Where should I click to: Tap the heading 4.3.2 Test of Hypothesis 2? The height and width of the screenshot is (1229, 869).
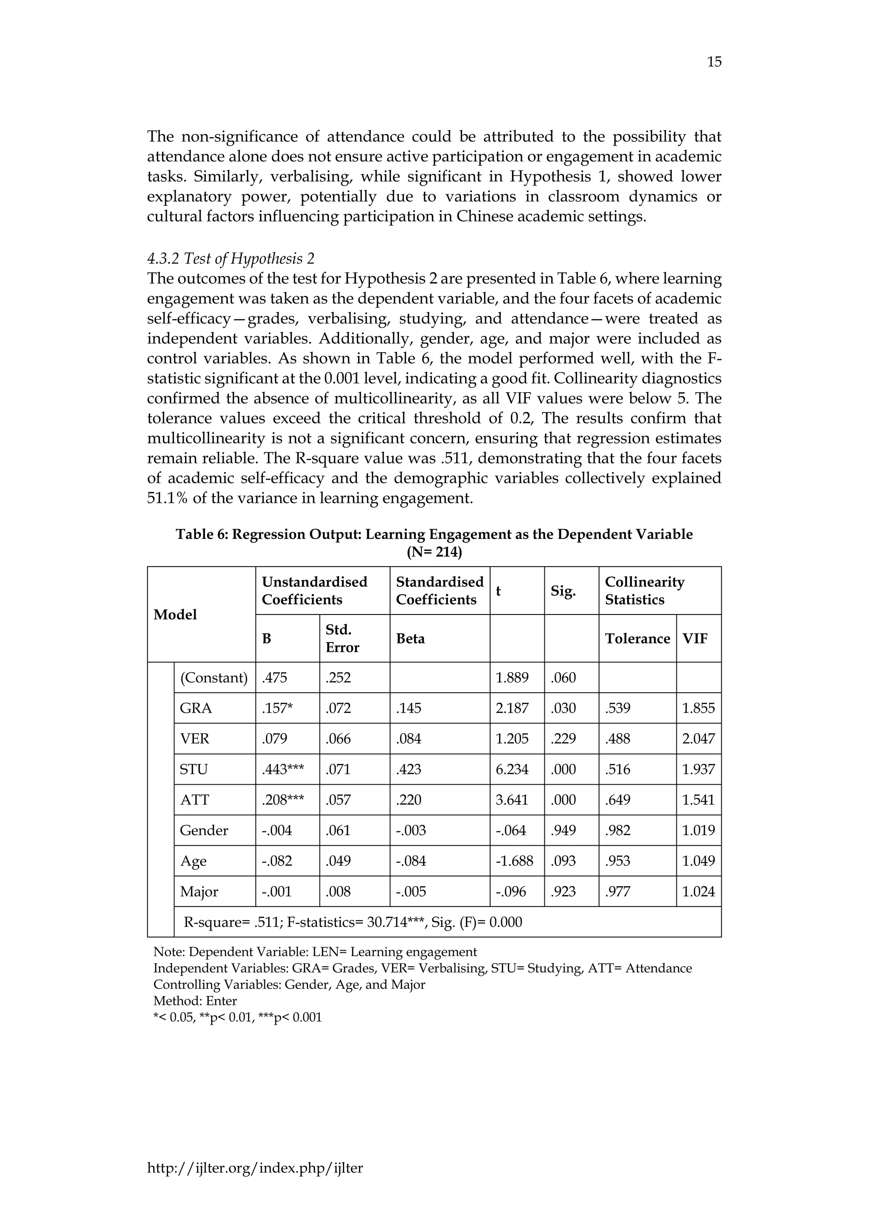pos(231,259)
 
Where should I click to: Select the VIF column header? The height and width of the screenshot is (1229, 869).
pos(695,639)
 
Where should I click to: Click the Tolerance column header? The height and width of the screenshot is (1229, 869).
pos(637,639)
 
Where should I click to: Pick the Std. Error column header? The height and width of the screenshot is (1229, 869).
pos(342,639)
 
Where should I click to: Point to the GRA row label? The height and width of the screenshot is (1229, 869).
pos(196,708)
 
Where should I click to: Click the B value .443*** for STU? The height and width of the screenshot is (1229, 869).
pos(283,769)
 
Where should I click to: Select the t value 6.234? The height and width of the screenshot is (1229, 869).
pos(512,769)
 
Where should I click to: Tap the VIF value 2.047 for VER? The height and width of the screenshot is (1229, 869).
pos(698,739)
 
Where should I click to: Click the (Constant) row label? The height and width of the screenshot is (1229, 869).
pos(214,678)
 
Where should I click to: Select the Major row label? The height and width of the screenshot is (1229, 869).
pos(199,891)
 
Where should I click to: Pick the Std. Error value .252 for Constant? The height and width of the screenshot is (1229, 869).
pos(338,678)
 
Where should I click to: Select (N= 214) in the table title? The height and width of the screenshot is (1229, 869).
pos(434,552)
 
